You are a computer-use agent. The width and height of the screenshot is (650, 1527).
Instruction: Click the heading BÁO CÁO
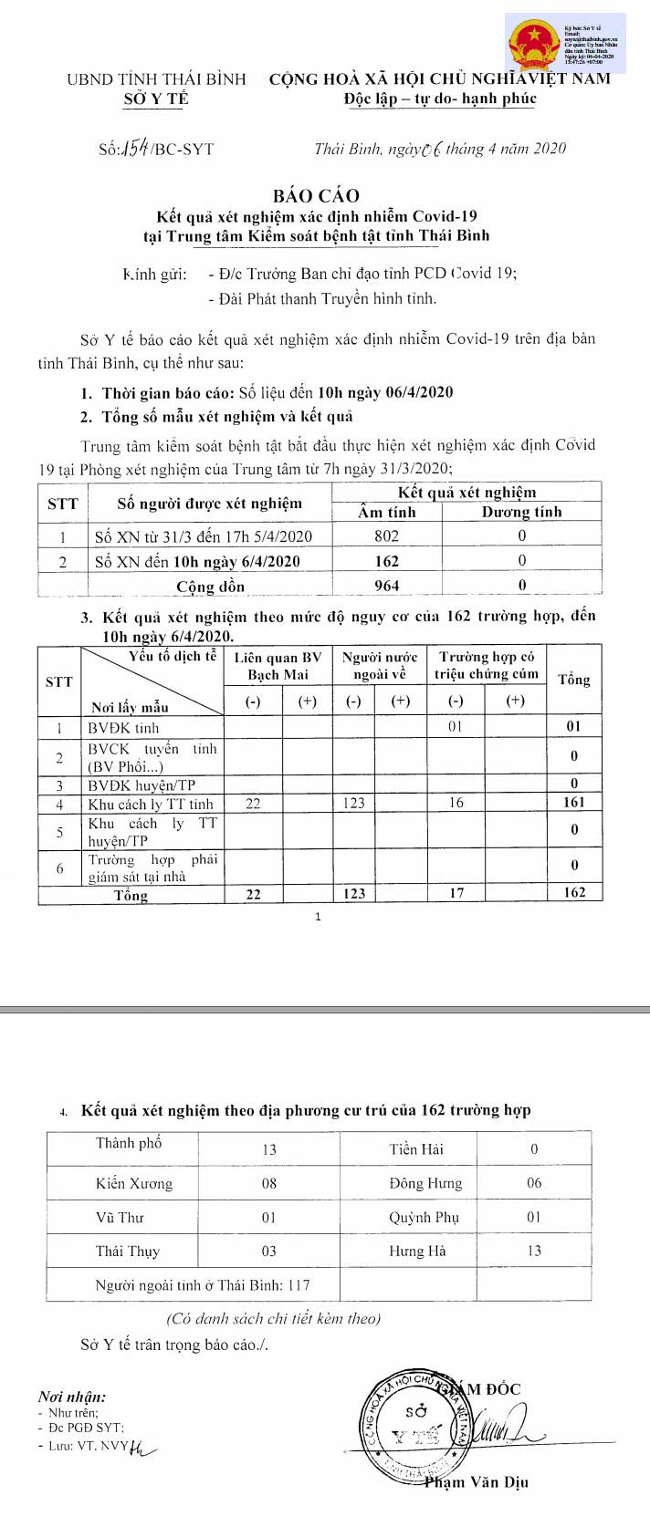point(316,195)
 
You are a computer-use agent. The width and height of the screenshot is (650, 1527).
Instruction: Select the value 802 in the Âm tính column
point(386,536)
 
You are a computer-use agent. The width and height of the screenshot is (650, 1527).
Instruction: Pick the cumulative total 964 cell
point(386,586)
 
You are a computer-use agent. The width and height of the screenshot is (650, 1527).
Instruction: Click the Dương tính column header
point(521,512)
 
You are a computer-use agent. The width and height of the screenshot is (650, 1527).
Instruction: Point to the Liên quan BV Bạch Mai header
point(278,665)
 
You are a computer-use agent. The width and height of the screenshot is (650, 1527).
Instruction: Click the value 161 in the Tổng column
point(574,803)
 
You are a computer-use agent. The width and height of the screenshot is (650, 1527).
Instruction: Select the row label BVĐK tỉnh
point(123,728)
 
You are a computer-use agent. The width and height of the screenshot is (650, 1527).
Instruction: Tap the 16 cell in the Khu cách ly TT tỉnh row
point(456,803)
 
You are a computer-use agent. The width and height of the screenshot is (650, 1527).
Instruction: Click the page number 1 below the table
point(318,917)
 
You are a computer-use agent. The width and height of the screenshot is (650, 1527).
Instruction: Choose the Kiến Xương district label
point(134,1183)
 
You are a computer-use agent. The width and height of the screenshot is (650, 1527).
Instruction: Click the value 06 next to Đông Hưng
point(534,1183)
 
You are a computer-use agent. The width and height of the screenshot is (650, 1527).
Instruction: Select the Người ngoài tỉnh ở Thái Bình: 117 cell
point(203,1284)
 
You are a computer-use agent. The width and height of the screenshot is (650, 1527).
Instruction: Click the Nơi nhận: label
point(72,1397)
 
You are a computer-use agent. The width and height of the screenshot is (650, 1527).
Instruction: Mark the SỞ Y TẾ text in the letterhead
point(156,99)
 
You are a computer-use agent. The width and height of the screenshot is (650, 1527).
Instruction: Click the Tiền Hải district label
point(416,1149)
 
